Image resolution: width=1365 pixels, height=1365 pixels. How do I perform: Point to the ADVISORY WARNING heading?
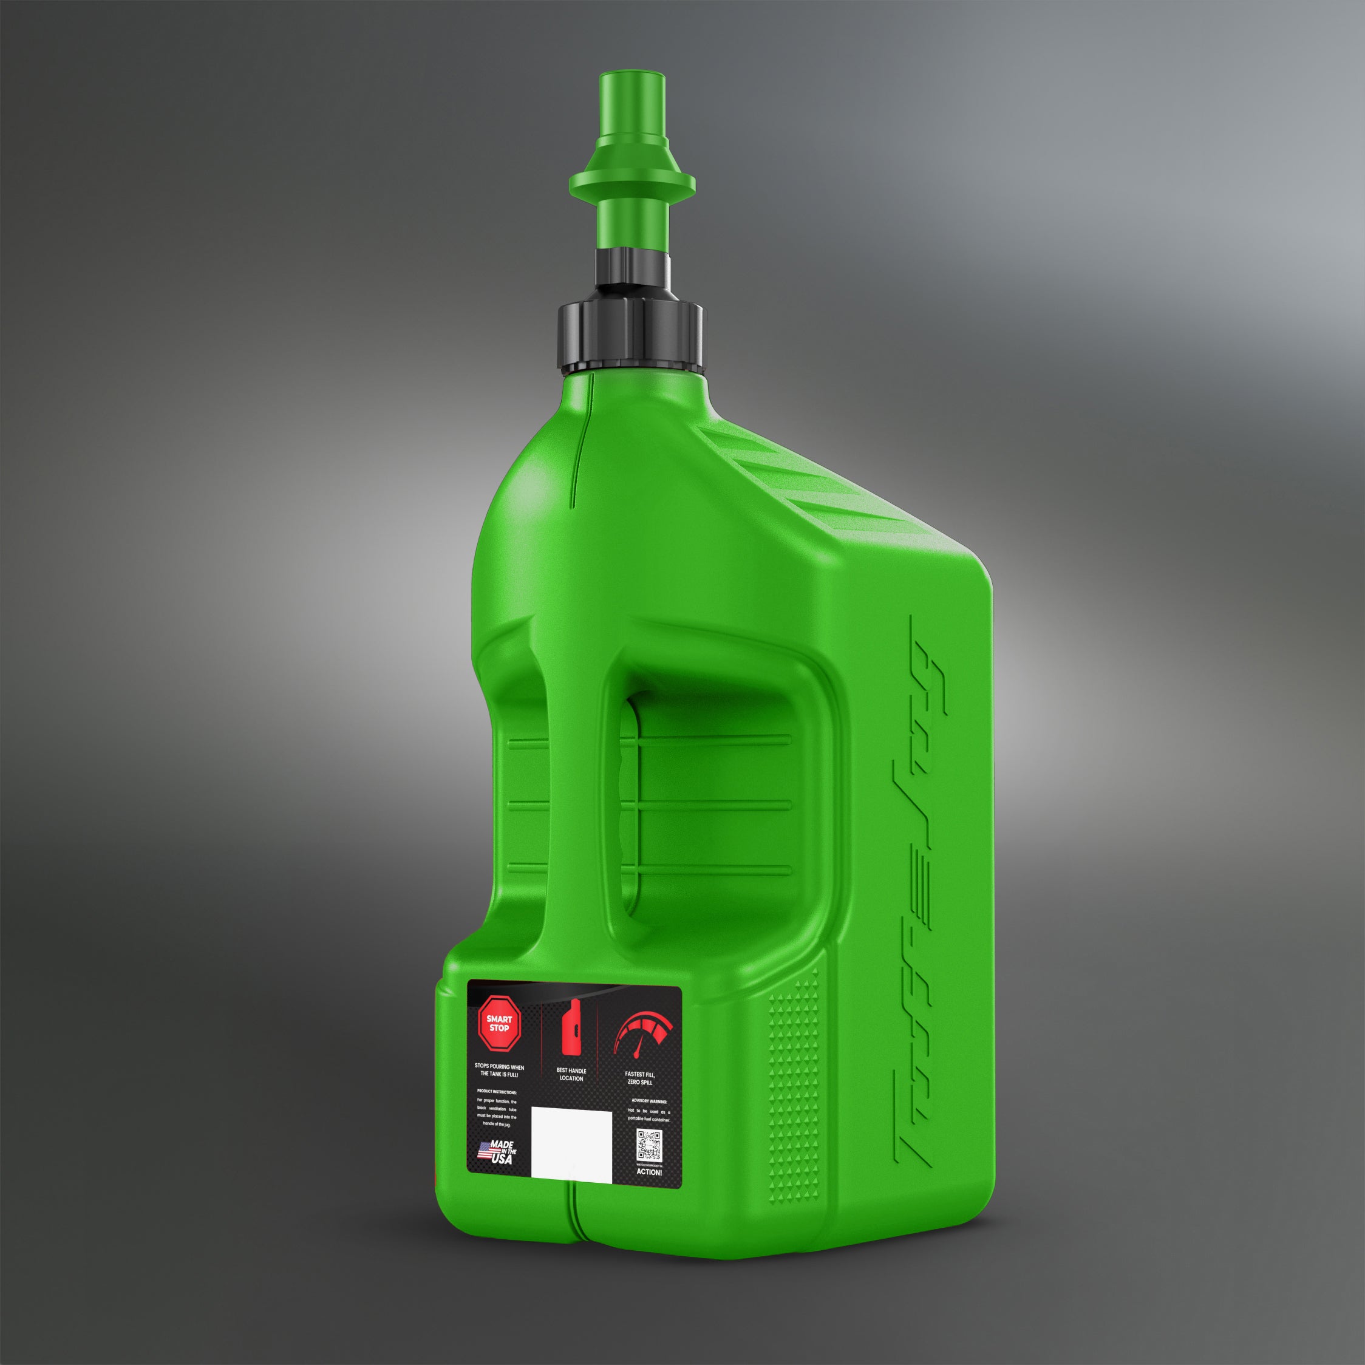click(x=648, y=1101)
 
